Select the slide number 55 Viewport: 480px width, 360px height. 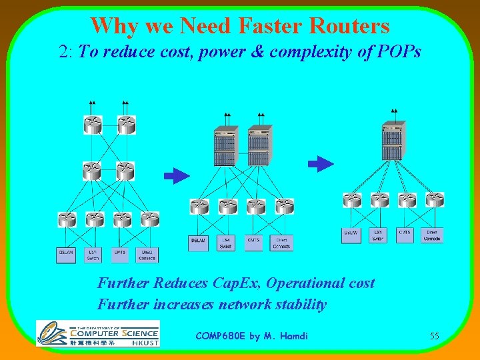[434, 337]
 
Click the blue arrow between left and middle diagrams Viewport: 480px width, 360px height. [177, 176]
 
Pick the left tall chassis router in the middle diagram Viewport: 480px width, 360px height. [224, 145]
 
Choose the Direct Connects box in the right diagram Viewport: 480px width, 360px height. [432, 235]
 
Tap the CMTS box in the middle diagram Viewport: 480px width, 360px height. [253, 243]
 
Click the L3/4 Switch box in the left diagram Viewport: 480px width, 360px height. [93, 255]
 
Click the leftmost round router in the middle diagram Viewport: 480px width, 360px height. [199, 207]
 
